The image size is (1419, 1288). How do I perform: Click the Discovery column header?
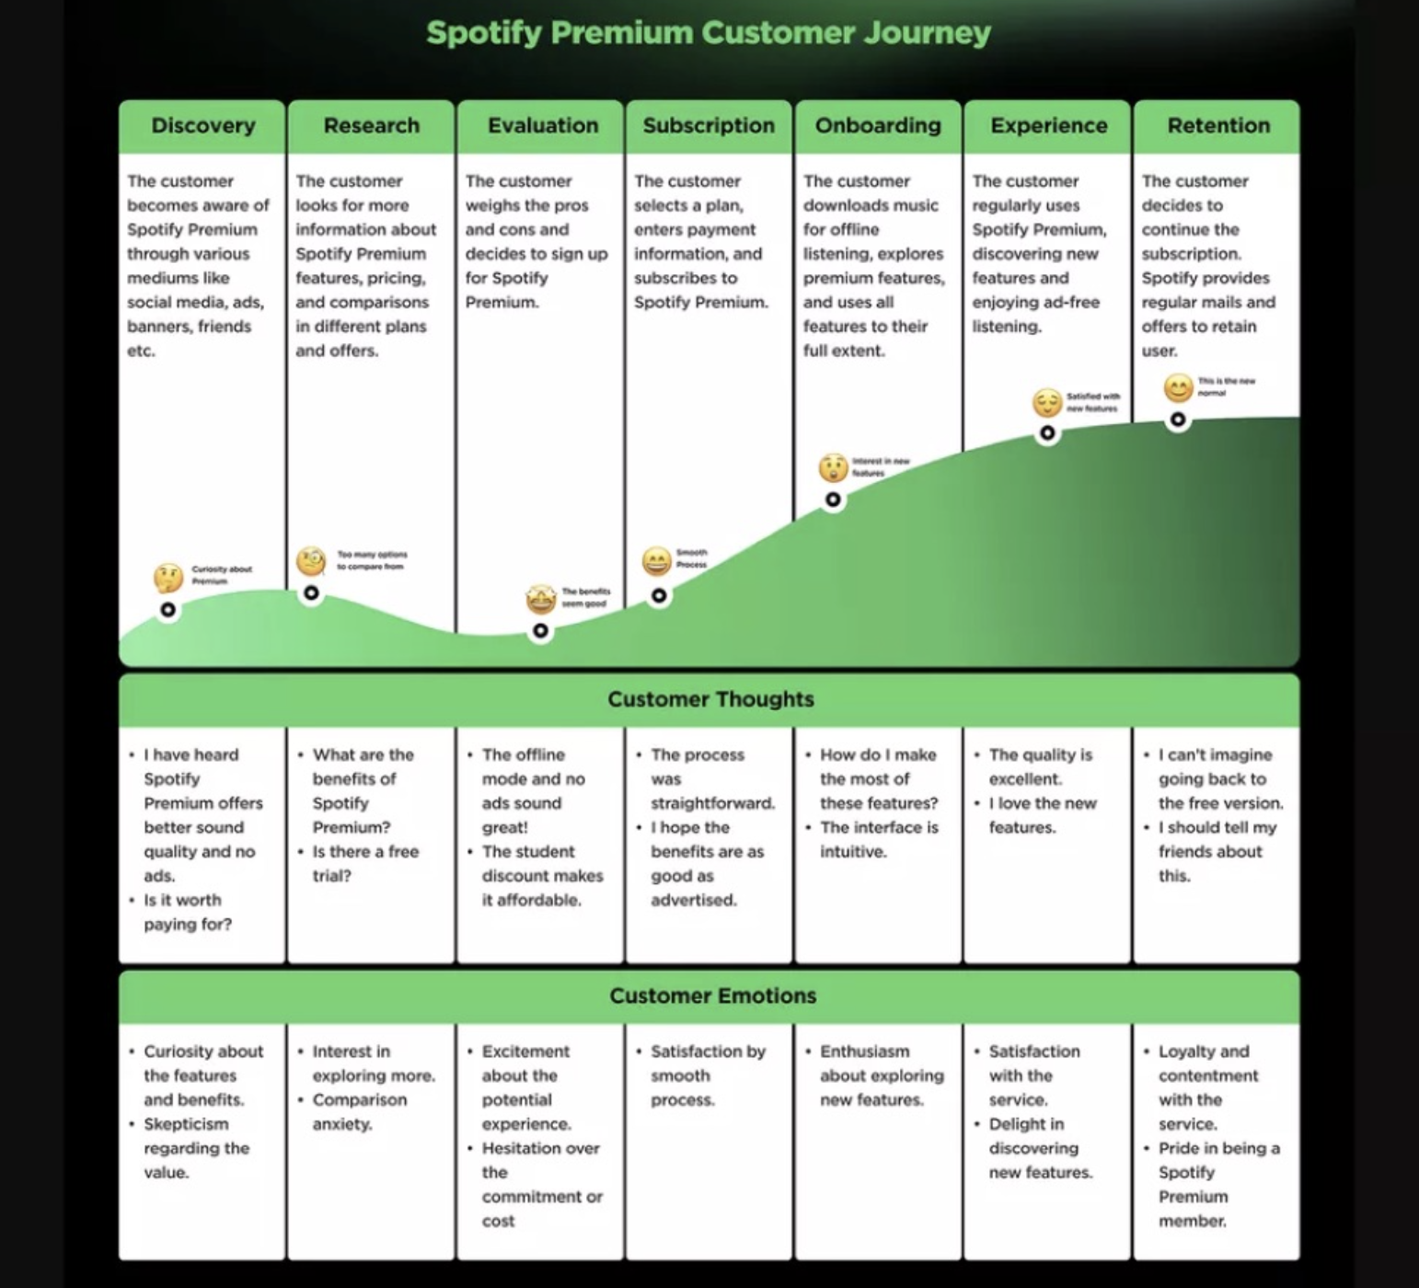click(202, 126)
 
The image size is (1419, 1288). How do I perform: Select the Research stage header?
click(371, 126)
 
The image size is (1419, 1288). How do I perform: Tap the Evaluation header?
click(542, 126)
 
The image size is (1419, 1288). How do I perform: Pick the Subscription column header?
click(709, 126)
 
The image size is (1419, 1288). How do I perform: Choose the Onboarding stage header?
click(878, 126)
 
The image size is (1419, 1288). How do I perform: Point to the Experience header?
click(1048, 126)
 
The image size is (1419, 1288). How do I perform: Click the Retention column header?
click(1217, 126)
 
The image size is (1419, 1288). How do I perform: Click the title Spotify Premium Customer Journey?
click(709, 33)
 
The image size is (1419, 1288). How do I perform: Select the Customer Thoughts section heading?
click(710, 699)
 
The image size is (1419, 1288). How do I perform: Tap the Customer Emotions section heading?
click(712, 995)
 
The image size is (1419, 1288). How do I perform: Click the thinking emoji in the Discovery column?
click(168, 578)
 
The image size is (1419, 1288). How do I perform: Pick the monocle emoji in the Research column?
click(311, 560)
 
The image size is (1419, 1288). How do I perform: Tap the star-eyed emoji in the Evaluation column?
click(541, 599)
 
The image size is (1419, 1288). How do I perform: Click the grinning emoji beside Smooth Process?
click(656, 561)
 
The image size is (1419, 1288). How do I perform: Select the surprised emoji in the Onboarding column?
click(833, 467)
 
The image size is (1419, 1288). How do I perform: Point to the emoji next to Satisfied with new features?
click(1046, 402)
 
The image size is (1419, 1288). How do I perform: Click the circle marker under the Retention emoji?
click(1178, 420)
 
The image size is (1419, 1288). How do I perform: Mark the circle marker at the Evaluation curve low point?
click(540, 631)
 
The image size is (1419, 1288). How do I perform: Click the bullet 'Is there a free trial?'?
click(364, 863)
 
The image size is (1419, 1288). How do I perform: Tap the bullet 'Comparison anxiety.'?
click(358, 1111)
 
